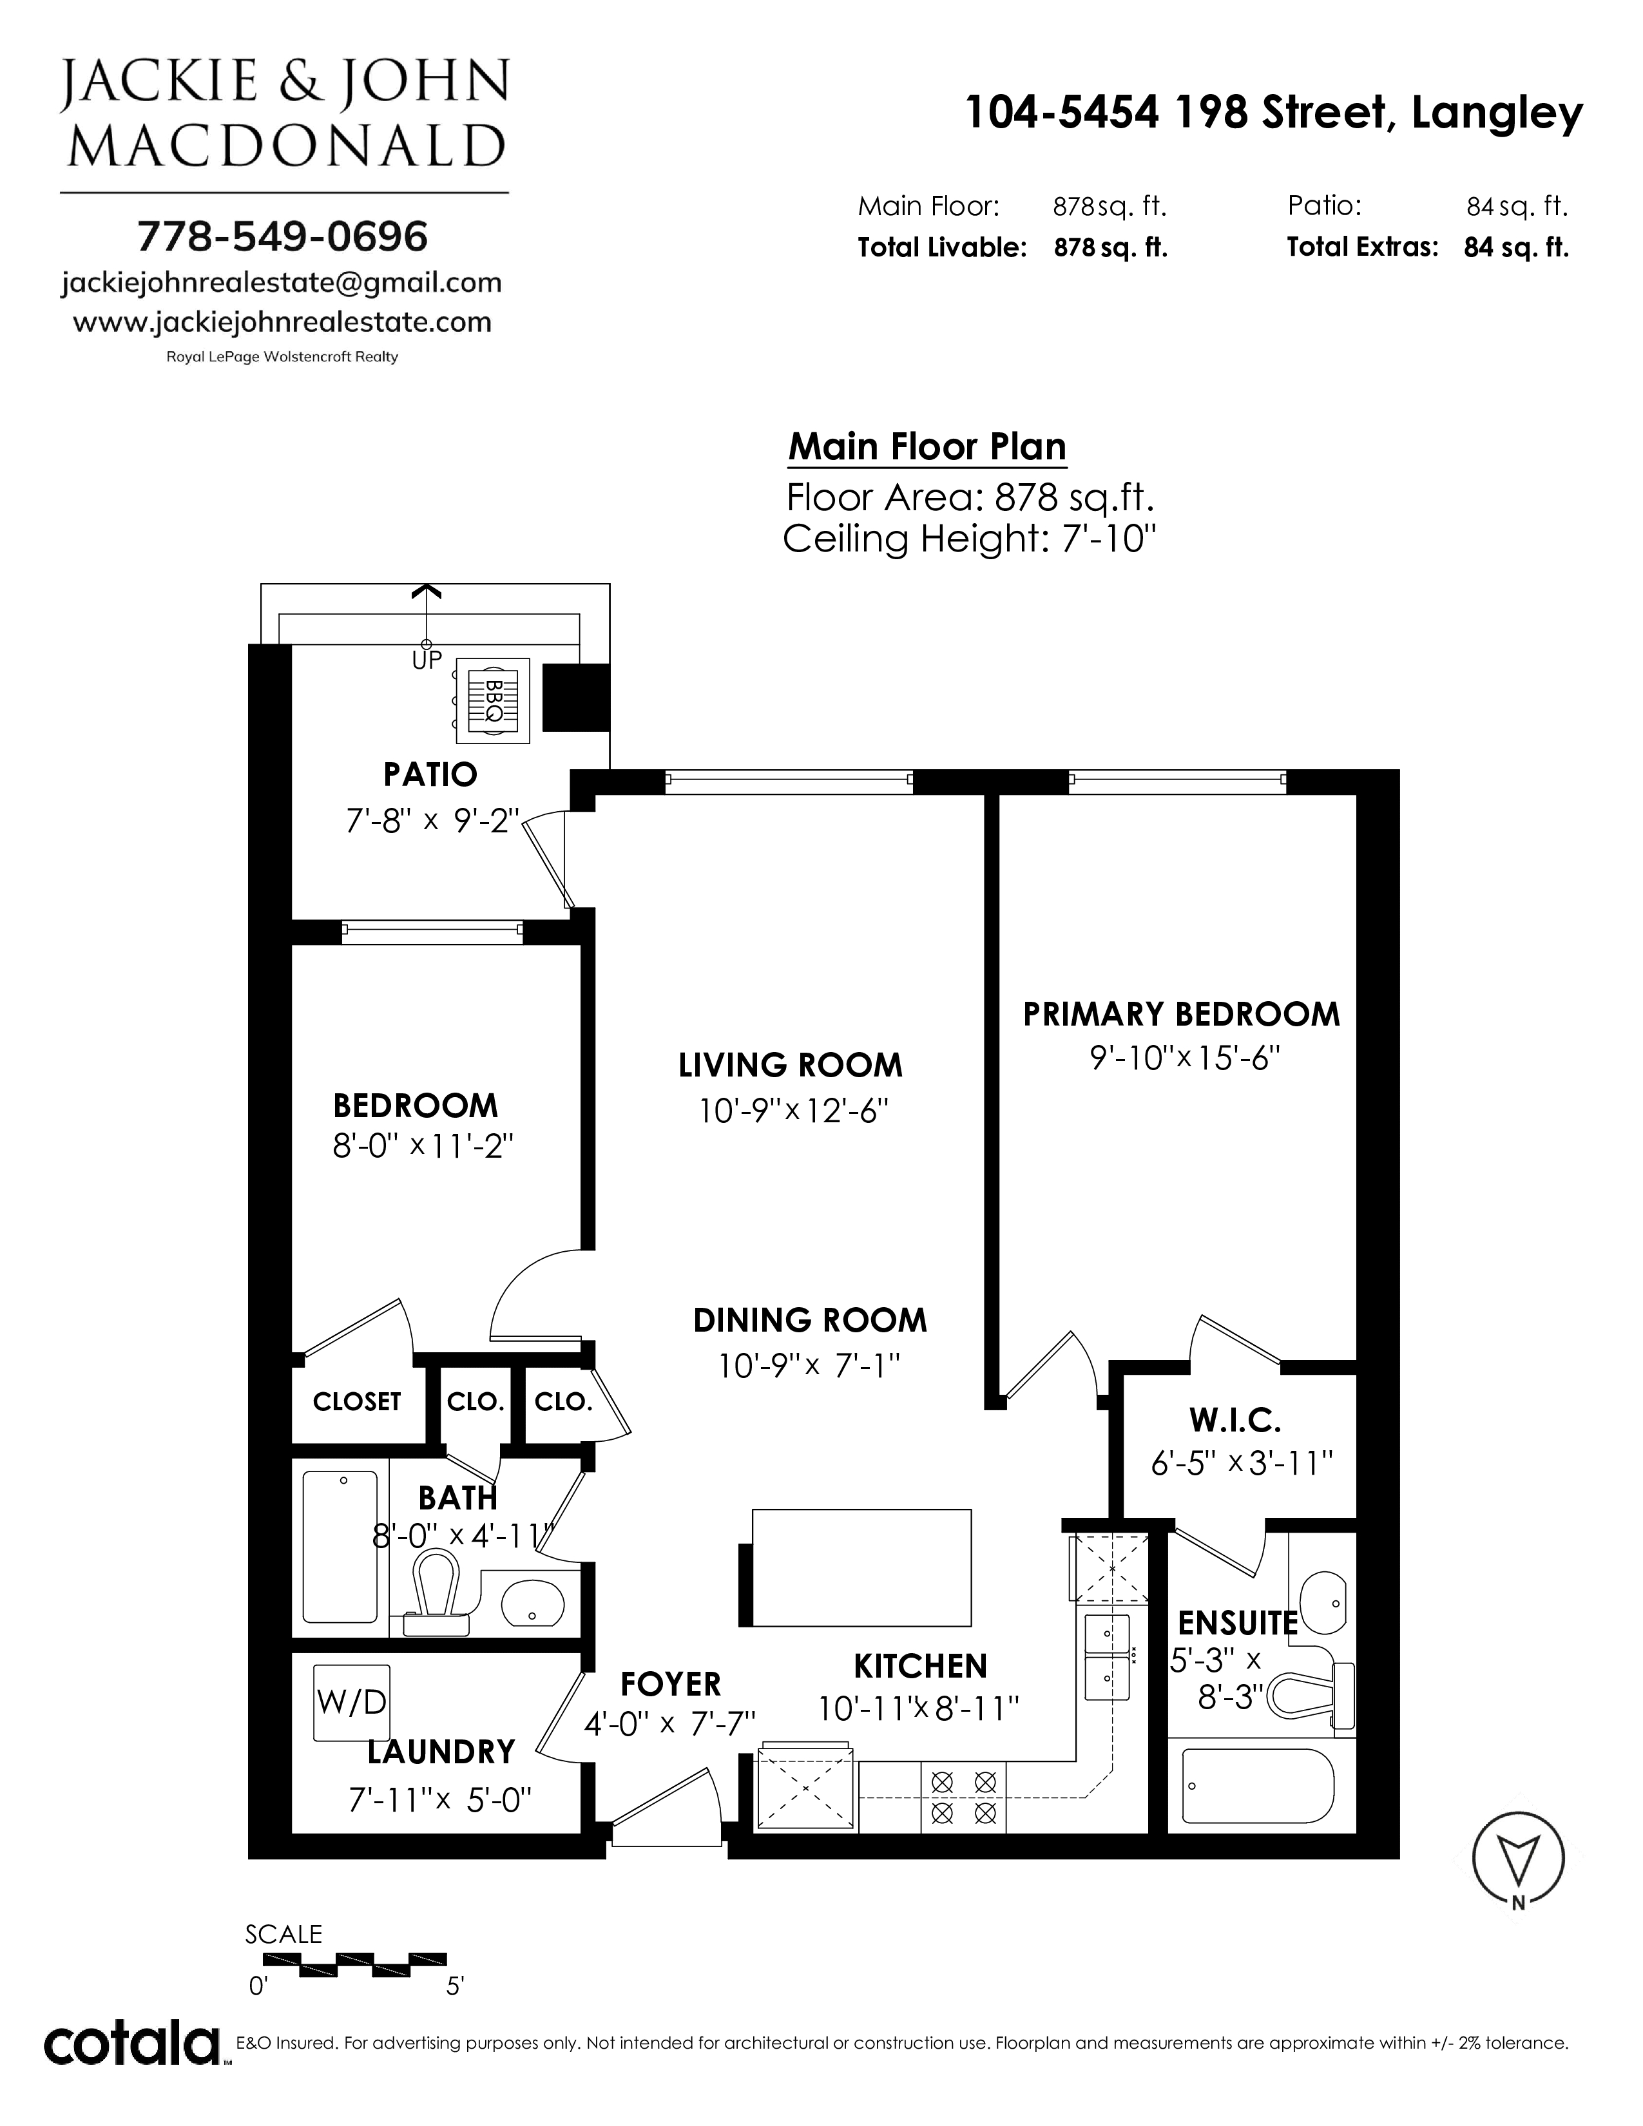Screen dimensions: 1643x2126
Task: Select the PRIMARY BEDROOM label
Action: click(x=1180, y=1014)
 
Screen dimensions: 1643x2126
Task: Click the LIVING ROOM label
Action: click(x=791, y=1065)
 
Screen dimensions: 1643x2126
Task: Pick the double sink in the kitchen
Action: click(x=1107, y=1653)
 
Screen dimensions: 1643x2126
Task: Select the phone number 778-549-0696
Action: click(x=282, y=236)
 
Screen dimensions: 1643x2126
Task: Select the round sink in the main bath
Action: click(x=532, y=1600)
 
